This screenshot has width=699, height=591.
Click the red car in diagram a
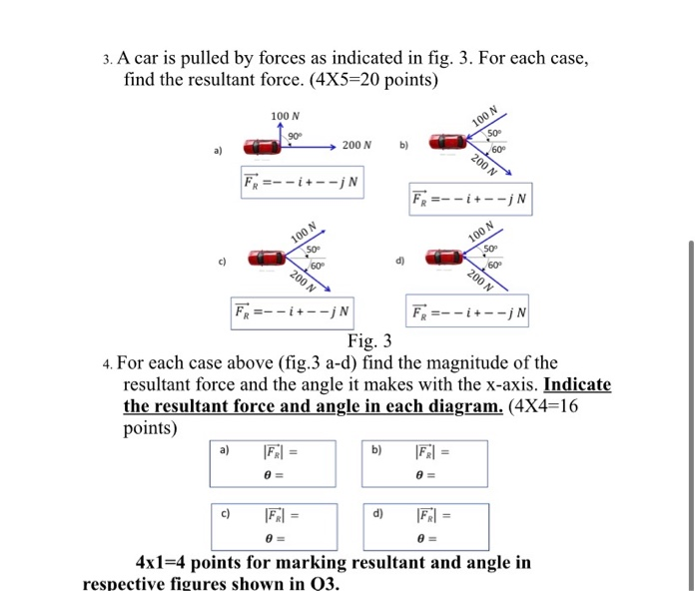(263, 147)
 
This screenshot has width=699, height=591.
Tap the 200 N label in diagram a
(357, 146)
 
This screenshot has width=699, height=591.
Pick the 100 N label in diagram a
(286, 117)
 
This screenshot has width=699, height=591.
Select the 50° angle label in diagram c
(313, 248)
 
